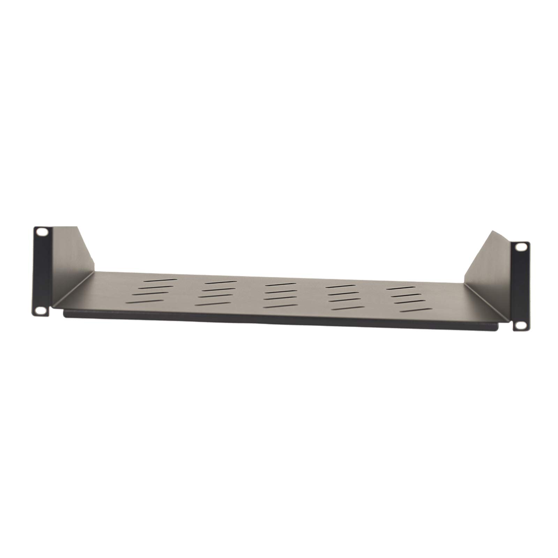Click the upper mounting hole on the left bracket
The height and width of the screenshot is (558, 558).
pyautogui.click(x=42, y=232)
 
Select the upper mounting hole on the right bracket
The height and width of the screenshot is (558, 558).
pyautogui.click(x=521, y=247)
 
